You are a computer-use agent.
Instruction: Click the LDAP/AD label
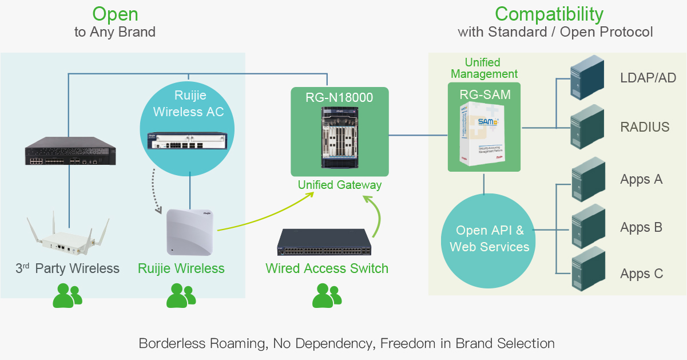coord(648,78)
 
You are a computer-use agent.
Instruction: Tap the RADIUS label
coord(645,127)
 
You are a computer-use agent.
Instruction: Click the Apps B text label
coord(641,227)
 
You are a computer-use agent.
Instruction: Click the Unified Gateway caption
coord(339,185)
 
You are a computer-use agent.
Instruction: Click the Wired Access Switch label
coord(327,268)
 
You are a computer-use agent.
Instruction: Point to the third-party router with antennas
coord(67,239)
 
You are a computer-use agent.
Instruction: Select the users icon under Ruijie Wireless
coord(181,295)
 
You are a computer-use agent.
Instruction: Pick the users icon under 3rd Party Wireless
coord(67,295)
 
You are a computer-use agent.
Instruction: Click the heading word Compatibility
coord(549,14)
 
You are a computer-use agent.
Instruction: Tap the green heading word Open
coord(115,14)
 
